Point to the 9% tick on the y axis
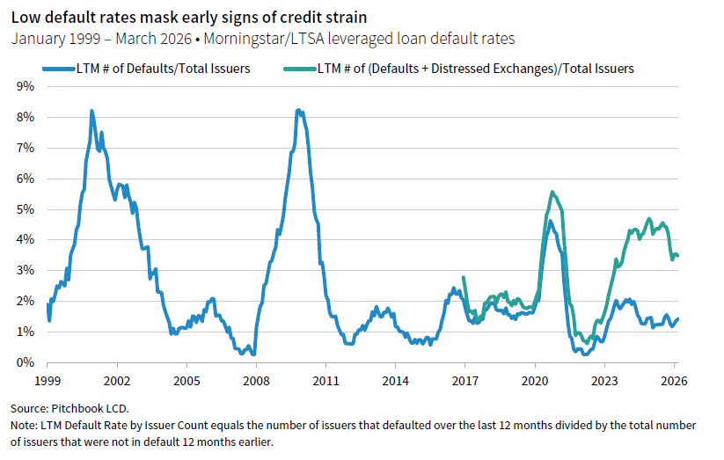(26, 86)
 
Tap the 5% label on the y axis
(26, 209)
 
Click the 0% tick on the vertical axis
(26, 362)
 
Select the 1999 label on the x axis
(48, 382)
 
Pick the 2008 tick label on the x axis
(256, 382)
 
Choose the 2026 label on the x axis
(673, 382)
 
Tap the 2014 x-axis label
(395, 382)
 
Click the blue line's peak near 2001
(91, 111)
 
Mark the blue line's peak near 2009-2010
(299, 110)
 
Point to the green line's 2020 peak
(552, 192)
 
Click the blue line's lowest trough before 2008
(253, 354)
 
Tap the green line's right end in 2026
(677, 256)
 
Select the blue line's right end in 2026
(677, 319)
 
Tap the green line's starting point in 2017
(464, 278)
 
